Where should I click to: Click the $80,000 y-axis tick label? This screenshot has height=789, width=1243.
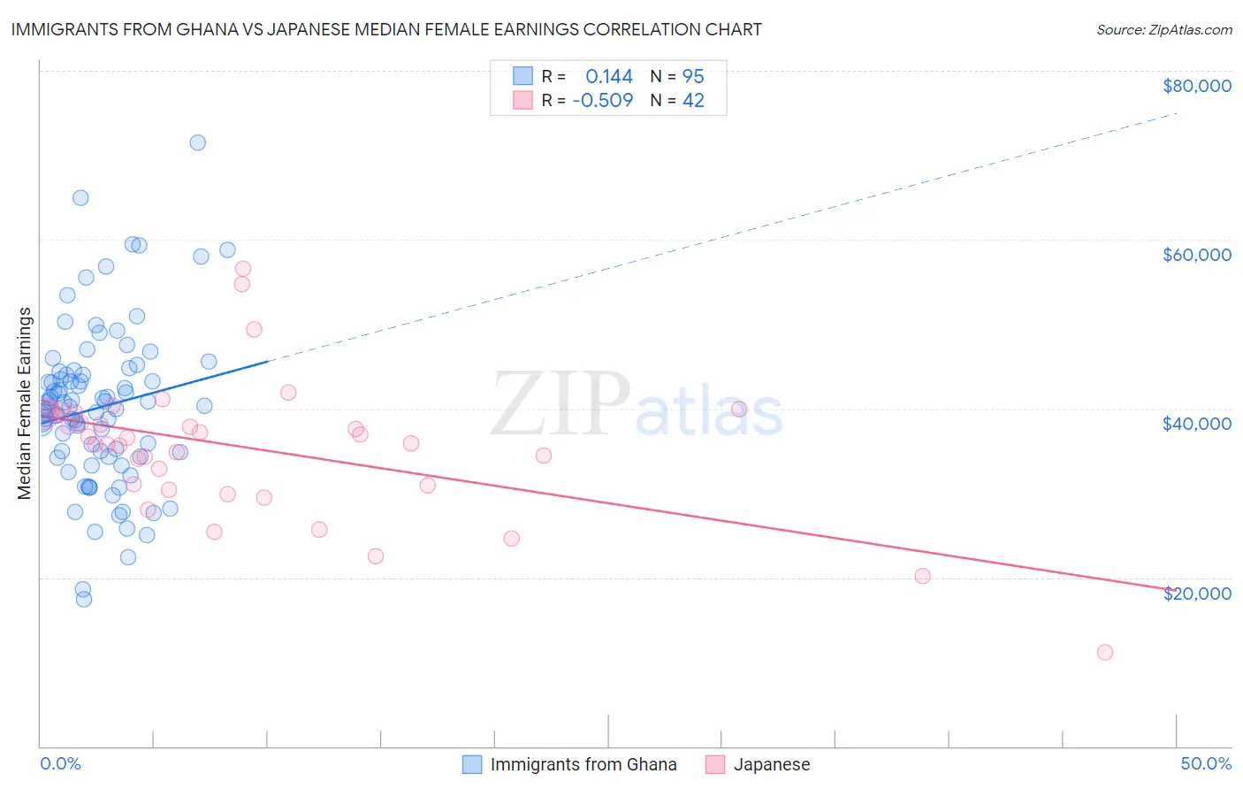(1196, 86)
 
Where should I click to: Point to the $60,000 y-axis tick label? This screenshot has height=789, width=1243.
(1196, 255)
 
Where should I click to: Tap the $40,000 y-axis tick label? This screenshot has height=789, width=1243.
(1196, 424)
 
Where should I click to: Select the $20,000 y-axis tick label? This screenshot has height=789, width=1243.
(1196, 593)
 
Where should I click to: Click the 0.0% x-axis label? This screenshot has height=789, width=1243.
(60, 763)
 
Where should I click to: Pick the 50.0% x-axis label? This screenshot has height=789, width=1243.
(1206, 763)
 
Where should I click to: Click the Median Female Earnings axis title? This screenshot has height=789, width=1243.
(25, 403)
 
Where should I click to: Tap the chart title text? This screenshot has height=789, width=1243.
(386, 29)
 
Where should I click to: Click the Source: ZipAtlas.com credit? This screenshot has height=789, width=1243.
(1163, 29)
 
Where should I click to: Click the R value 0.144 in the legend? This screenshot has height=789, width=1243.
(609, 77)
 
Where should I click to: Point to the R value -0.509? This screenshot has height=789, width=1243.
(603, 101)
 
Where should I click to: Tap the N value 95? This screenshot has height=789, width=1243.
(693, 77)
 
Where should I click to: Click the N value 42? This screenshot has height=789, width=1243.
(693, 101)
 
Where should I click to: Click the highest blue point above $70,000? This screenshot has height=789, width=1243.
(198, 142)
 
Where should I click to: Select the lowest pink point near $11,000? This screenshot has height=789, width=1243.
(1105, 652)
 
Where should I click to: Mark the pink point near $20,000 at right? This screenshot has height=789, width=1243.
(923, 576)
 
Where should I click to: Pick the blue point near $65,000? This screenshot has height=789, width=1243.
(80, 198)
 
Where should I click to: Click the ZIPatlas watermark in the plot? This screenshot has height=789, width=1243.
(637, 405)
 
